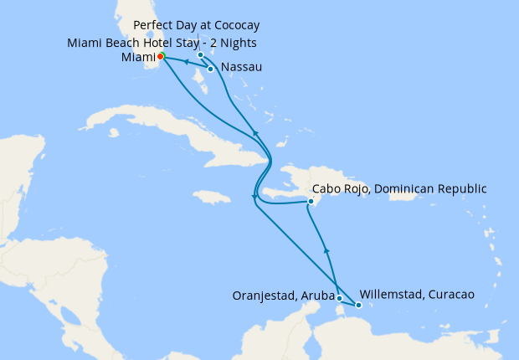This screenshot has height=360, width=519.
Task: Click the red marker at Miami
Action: (x=161, y=56)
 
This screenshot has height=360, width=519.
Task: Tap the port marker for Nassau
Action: (x=211, y=69)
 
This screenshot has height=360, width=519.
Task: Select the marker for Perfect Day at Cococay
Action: (x=201, y=55)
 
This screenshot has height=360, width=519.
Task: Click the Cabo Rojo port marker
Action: (x=311, y=201)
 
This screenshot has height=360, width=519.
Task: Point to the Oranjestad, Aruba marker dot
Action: (x=339, y=297)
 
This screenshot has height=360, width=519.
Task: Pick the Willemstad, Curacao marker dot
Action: (x=358, y=305)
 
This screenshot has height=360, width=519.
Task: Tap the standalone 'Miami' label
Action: (x=138, y=57)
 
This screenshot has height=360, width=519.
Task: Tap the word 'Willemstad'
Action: (x=391, y=295)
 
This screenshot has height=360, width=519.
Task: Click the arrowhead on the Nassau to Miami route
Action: (x=184, y=62)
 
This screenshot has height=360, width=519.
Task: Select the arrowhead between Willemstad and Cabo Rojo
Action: (x=326, y=249)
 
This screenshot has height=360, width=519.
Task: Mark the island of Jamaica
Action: (x=211, y=198)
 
